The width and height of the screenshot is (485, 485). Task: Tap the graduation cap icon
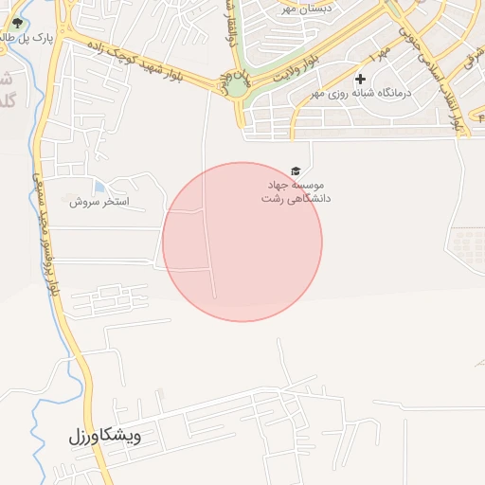tap(296, 171)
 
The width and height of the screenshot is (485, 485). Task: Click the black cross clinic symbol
tap(360, 79)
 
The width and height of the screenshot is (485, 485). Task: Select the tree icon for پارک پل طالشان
tap(16, 23)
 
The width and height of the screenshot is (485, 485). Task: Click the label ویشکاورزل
tap(104, 437)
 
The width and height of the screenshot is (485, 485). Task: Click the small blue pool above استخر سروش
tap(99, 186)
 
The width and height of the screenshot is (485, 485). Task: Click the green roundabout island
tap(235, 87)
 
